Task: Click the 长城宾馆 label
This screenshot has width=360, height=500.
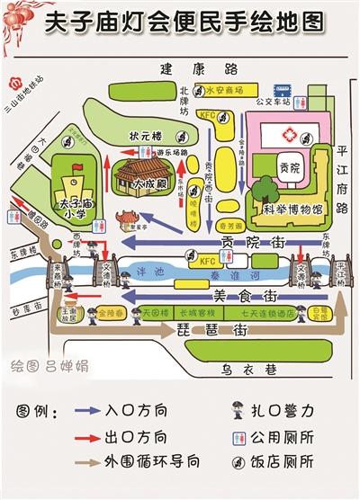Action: tap(194, 313)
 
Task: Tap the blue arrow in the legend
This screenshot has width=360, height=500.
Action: tap(85, 413)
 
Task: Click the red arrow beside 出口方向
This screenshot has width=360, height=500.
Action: tap(85, 438)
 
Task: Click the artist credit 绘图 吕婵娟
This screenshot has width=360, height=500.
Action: tap(63, 366)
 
